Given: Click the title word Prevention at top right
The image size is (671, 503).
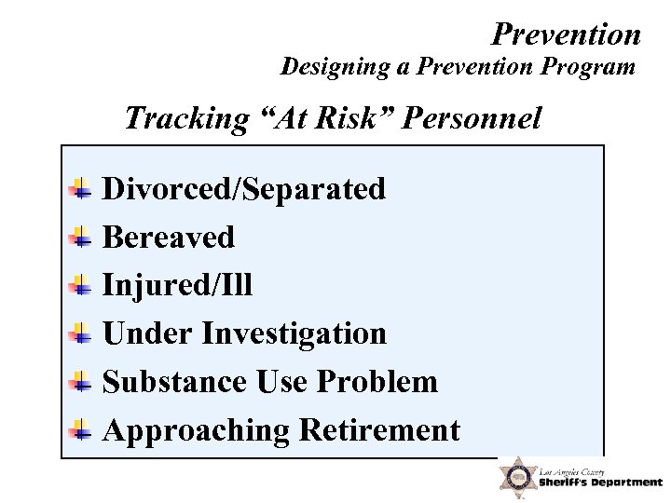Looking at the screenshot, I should [566, 34].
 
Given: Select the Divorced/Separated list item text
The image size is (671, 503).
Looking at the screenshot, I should [243, 188].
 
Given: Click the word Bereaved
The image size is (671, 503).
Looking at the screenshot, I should [168, 237].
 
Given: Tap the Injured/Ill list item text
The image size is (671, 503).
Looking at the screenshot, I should [177, 285].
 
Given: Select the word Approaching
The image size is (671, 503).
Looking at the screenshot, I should [196, 430].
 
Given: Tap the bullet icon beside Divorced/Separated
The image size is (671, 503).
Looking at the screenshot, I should [82, 188].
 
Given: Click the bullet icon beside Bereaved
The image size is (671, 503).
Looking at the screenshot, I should [82, 237].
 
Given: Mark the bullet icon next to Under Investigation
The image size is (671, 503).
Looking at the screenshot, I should [82, 333].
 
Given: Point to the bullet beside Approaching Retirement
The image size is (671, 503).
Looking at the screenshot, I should [82, 430].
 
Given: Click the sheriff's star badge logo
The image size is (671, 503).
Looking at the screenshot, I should [515, 477].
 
